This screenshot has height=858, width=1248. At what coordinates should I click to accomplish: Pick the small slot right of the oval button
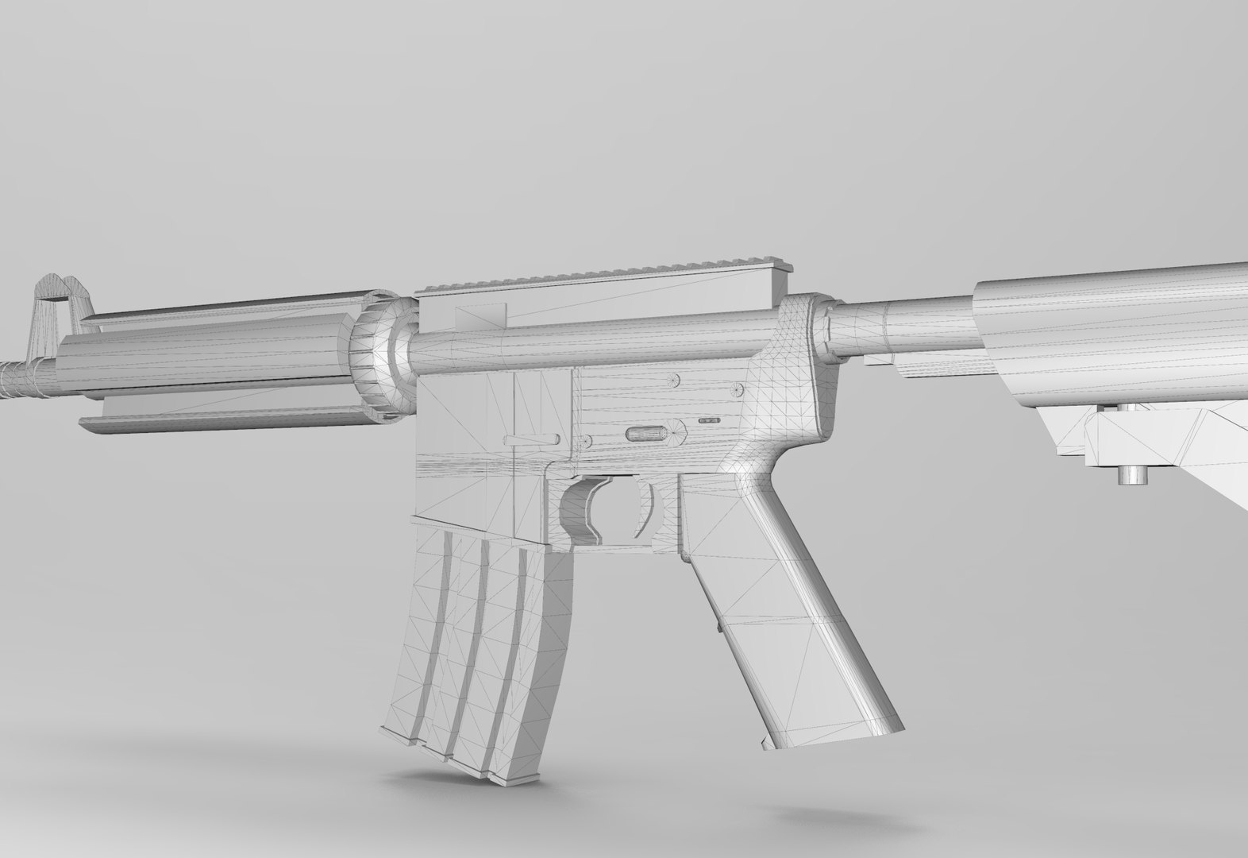point(709,419)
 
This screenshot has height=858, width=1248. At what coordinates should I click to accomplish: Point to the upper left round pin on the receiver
point(675,380)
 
